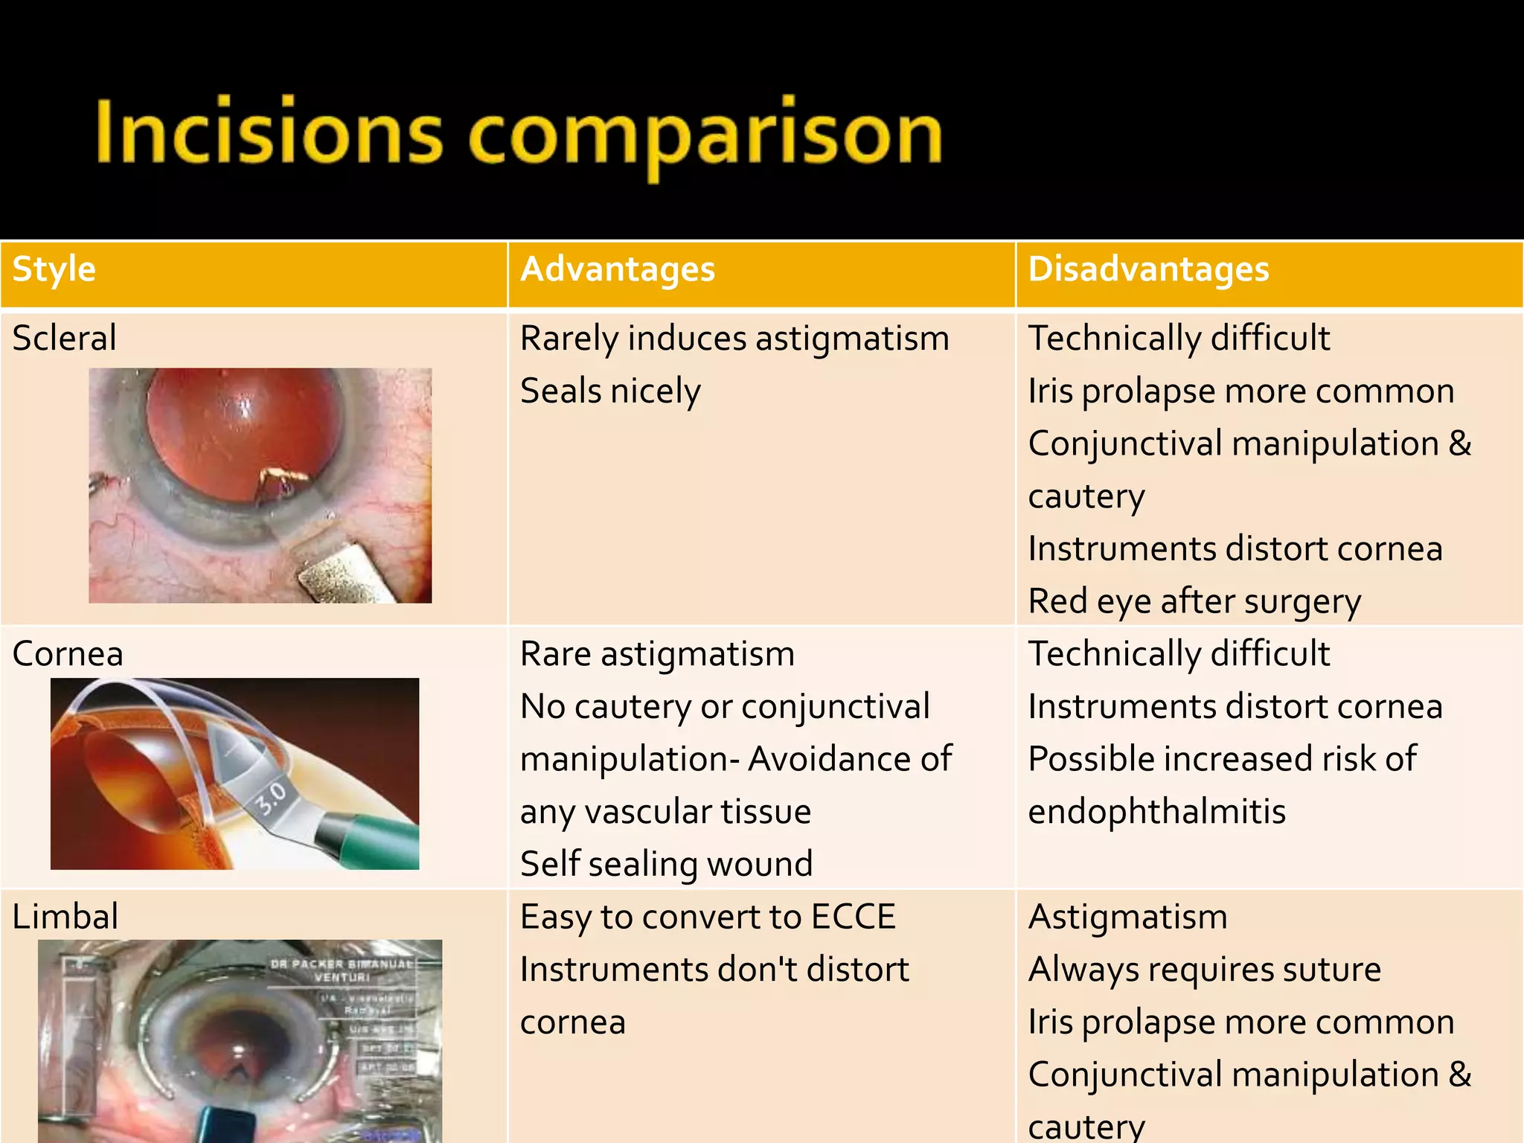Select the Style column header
coord(54,269)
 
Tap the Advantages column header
coord(618,269)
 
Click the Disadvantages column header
coord(1148,269)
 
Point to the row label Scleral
coord(65,339)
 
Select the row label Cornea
coord(68,654)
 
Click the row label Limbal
coord(65,917)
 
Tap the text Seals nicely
coord(610,391)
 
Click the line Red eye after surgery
coord(1194,601)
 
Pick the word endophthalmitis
coord(1156,812)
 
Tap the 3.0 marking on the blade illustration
coord(272,799)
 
